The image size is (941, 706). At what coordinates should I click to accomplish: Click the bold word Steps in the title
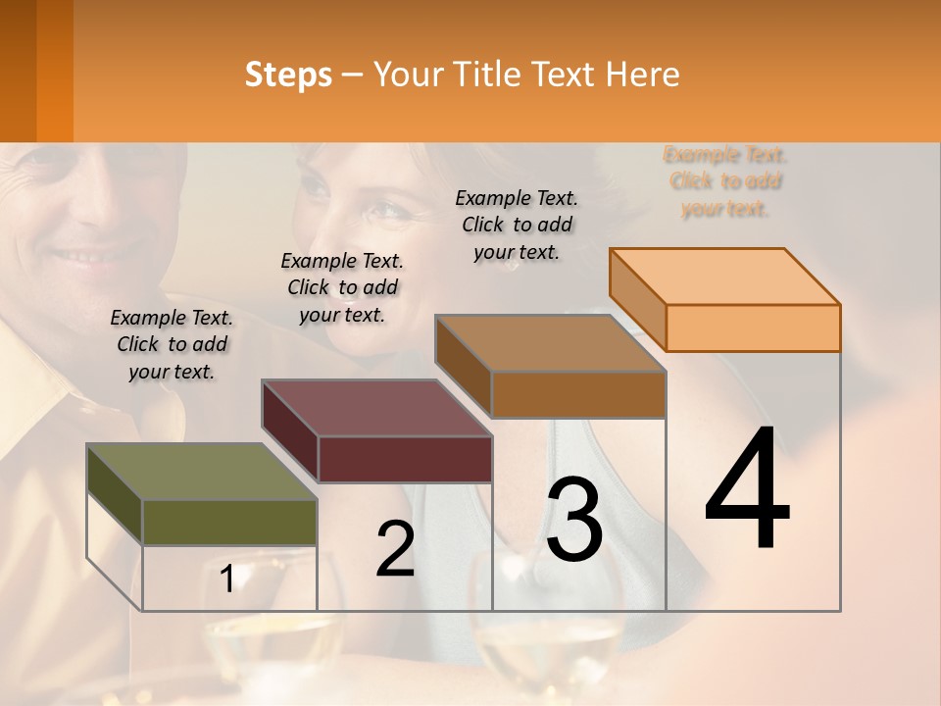pos(288,75)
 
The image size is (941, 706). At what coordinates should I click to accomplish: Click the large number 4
pos(747,490)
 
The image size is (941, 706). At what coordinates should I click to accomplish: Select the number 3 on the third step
pos(574,520)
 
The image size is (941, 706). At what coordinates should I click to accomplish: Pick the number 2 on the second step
pos(395,549)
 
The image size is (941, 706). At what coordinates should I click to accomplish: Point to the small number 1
pos(226,580)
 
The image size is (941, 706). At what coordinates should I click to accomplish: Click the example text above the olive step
pos(172,344)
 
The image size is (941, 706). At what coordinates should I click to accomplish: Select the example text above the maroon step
pos(342,287)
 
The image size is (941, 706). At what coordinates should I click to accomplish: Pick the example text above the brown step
pos(517,225)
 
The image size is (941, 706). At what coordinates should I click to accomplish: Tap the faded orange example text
pos(725,181)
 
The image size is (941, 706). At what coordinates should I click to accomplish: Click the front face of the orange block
pos(753,328)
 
